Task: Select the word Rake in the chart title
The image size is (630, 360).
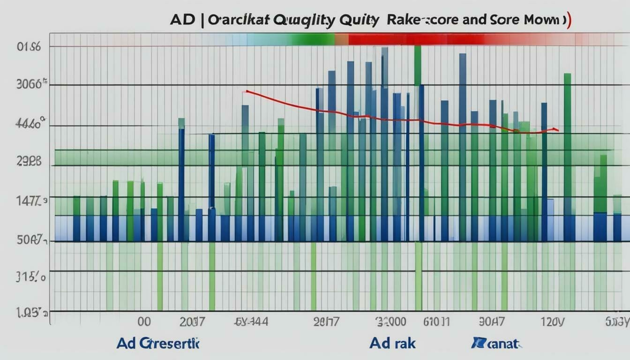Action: [x=406, y=21]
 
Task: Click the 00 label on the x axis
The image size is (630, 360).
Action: [x=144, y=322]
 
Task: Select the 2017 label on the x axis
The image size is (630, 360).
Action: [x=192, y=322]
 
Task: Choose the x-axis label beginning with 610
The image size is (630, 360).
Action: [x=436, y=322]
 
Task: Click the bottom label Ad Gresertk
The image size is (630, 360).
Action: [x=158, y=343]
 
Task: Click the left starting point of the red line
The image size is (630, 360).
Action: [x=246, y=91]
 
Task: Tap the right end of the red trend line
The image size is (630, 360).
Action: [x=558, y=129]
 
